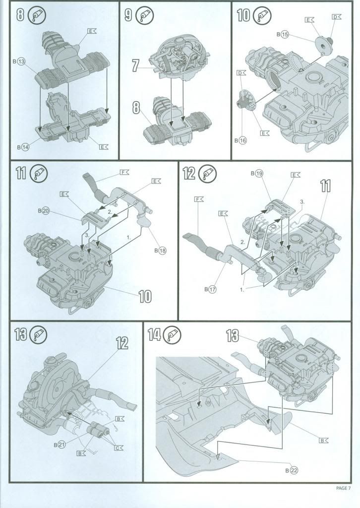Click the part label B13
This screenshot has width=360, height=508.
pyautogui.click(x=18, y=62)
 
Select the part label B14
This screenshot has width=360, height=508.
pyautogui.click(x=22, y=147)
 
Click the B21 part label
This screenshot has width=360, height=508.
pyautogui.click(x=59, y=444)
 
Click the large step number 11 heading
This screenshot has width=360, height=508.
pyautogui.click(x=21, y=174)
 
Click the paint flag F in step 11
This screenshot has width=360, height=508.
pyautogui.click(x=123, y=173)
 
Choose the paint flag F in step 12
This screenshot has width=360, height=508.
pyautogui.click(x=199, y=199)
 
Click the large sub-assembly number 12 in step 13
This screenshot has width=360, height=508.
pyautogui.click(x=122, y=343)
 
